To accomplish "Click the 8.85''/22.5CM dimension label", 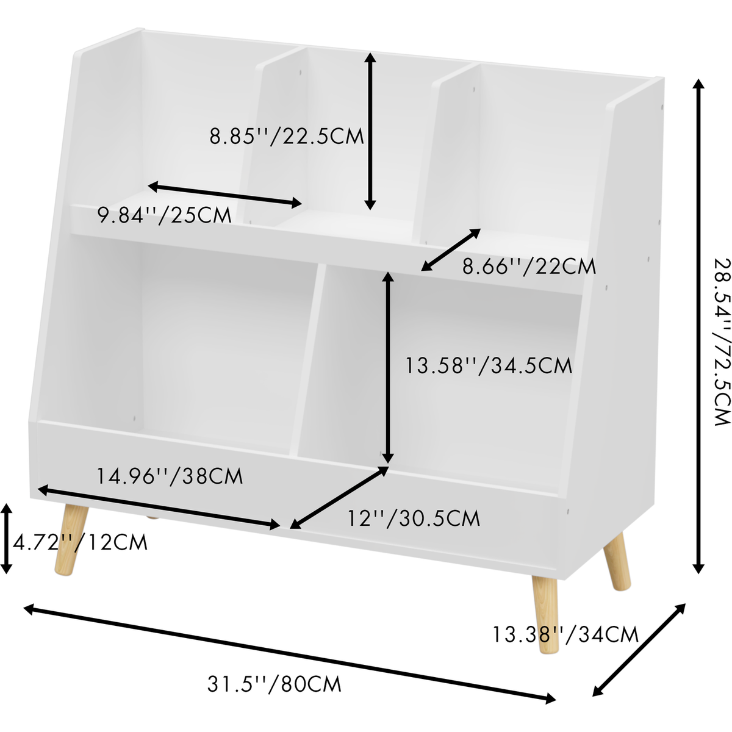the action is point(287,136).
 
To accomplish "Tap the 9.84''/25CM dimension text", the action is point(165,215).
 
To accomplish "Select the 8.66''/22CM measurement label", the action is point(529,267).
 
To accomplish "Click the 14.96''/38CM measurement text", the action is point(170,476).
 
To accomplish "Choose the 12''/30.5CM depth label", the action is point(414,518).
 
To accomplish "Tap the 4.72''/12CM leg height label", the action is point(80,542).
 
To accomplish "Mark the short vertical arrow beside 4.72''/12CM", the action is point(7,539).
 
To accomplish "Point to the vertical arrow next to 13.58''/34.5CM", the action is point(388,368).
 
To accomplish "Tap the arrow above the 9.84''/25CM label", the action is point(225,195).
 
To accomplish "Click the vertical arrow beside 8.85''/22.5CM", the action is point(370,131).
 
